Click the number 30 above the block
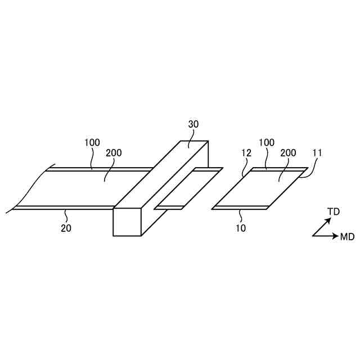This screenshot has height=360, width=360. (193, 124)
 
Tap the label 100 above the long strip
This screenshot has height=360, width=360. (92, 143)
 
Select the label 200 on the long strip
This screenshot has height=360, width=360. (113, 152)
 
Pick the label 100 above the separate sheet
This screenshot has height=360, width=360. (267, 143)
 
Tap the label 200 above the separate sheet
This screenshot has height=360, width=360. (288, 152)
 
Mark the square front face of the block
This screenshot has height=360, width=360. (127, 222)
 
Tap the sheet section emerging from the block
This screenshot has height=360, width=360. (188, 188)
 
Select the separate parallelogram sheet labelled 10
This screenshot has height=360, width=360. (260, 188)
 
